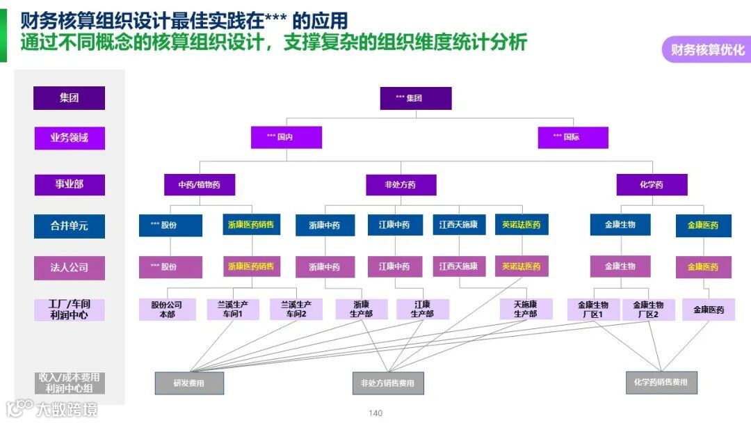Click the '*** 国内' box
coord(286,137)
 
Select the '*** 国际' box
coord(573,137)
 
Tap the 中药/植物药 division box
coord(200,184)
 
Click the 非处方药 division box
coord(401,184)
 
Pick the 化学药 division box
coord(652,184)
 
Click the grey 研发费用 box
coord(189,383)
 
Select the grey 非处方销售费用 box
coord(387,383)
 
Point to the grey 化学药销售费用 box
coord(661,382)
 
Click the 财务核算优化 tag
coord(706,49)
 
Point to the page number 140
coord(375,413)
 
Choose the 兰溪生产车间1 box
coord(233,310)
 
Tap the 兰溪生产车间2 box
coord(296,310)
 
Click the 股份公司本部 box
coord(167,310)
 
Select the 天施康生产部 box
coord(526,310)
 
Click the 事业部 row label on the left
coord(70,184)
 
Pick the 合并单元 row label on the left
coord(70,225)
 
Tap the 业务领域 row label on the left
coord(70,137)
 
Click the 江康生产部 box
coord(422,310)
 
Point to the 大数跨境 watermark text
coord(67,409)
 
